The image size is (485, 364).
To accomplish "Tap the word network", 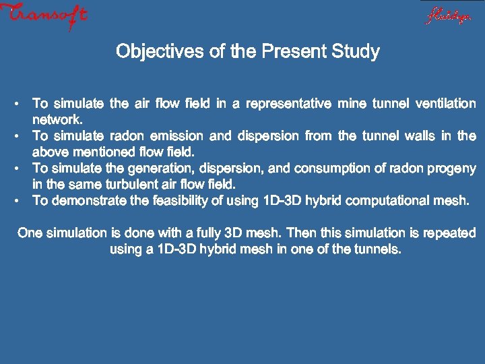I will [58, 120].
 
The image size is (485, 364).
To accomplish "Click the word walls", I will [424, 136].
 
